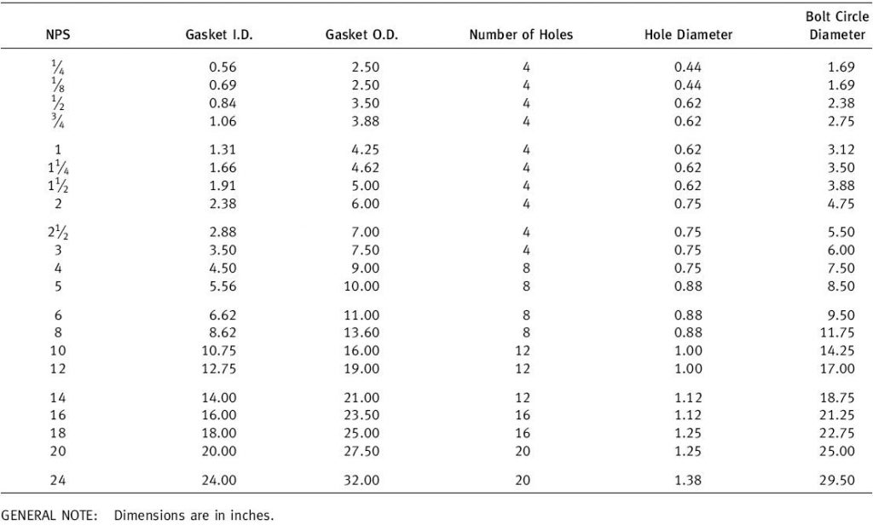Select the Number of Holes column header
point(521,36)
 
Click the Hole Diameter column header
point(688,36)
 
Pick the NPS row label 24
point(57,481)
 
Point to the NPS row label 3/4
point(57,121)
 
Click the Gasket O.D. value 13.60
point(361,333)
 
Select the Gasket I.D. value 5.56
point(222,286)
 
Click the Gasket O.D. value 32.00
point(361,481)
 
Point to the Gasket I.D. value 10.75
point(218,351)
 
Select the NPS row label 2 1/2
point(57,233)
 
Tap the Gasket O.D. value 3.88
point(365,121)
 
